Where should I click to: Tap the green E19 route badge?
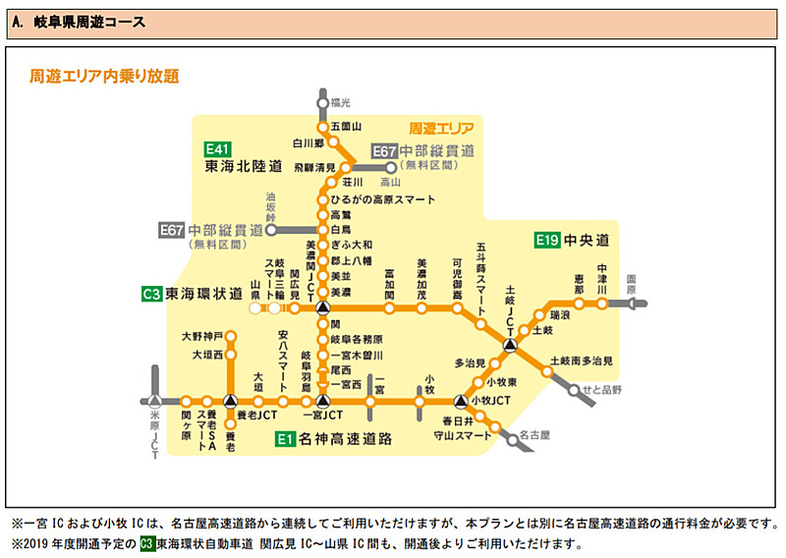click(547, 240)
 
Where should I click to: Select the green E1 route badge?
click(285, 438)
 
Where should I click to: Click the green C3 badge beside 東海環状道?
click(150, 293)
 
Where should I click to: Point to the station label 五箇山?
click(346, 127)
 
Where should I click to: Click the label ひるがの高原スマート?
click(383, 198)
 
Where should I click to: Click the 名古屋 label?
click(535, 432)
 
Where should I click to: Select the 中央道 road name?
click(588, 240)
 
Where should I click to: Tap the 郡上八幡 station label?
click(351, 260)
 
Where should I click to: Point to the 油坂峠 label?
click(270, 204)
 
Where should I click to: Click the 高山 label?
click(390, 182)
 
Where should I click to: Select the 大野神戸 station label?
click(201, 336)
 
